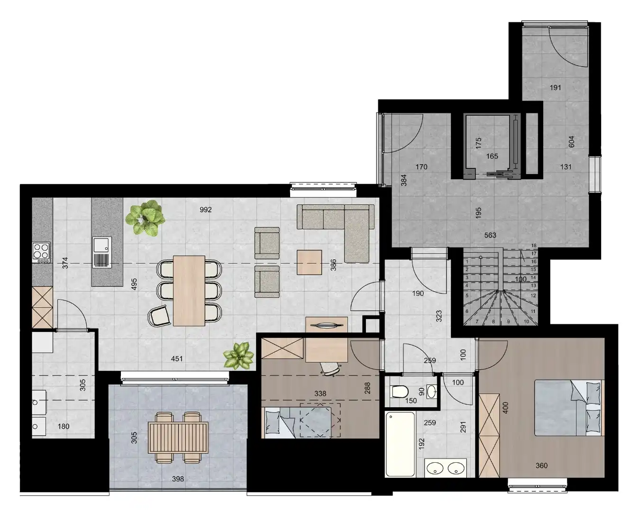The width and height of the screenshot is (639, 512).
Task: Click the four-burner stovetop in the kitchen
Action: (41, 252)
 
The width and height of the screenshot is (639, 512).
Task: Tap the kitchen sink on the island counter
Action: (101, 252)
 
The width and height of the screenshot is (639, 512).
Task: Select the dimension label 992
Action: (205, 210)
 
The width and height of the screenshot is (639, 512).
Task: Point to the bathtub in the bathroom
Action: (400, 444)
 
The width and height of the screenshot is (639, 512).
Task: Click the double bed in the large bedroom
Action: (569, 407)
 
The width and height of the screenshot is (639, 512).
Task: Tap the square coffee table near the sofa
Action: (309, 262)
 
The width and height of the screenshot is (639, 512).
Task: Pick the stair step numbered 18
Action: (534, 246)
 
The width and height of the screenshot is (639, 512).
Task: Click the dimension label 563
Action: (490, 235)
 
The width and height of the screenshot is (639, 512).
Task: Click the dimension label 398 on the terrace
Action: (177, 479)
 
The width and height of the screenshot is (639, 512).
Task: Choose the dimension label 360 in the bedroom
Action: (541, 466)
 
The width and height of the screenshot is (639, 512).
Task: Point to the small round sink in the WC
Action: (431, 392)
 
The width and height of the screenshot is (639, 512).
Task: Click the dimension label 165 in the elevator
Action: (492, 156)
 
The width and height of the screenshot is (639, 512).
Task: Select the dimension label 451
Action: (177, 359)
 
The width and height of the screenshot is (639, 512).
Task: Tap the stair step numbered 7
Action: (478, 321)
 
